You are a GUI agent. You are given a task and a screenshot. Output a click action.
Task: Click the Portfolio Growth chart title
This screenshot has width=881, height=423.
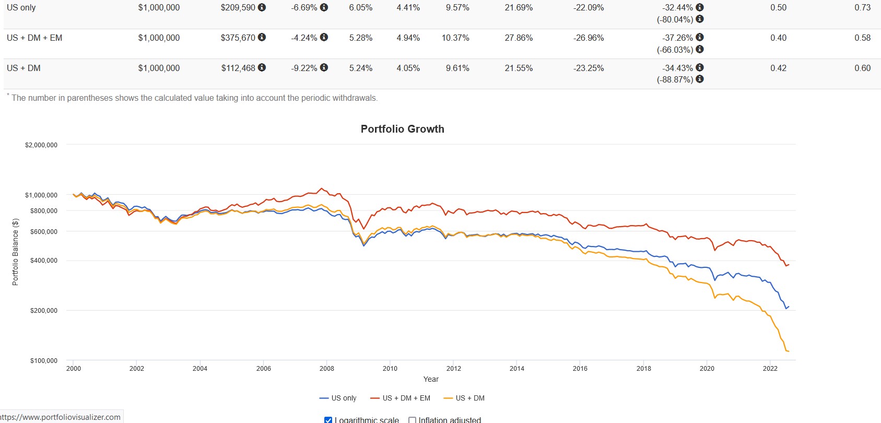click(402, 129)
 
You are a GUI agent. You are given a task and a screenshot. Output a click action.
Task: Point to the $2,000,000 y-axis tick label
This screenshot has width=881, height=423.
click(41, 145)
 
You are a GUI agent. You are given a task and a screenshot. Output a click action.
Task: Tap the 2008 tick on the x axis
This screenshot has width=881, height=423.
click(327, 368)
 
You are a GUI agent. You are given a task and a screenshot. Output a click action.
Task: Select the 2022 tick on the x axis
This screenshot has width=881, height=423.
click(770, 368)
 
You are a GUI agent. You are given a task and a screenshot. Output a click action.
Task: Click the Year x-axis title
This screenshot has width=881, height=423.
click(431, 379)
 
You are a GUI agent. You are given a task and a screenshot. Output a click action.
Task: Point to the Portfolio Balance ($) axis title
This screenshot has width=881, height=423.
click(15, 252)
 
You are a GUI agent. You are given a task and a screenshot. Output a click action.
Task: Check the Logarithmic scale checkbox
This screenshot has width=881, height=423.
click(328, 420)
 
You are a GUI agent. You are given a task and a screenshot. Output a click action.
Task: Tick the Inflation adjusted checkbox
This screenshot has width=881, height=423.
click(412, 420)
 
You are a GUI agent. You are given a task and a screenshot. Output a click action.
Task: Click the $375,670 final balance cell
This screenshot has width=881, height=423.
click(238, 38)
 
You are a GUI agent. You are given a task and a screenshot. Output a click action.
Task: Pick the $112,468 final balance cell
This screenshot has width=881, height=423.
click(238, 68)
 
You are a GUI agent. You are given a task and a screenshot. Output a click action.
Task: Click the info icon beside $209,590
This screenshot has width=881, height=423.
click(262, 7)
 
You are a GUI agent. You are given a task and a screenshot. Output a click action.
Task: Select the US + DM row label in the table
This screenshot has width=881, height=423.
click(24, 68)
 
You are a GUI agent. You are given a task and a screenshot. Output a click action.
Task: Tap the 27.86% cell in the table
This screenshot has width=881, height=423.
click(519, 38)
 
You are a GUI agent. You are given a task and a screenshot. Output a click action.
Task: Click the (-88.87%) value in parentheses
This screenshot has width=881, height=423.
click(675, 79)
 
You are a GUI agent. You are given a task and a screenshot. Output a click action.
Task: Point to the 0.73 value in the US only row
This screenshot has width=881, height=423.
click(862, 7)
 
